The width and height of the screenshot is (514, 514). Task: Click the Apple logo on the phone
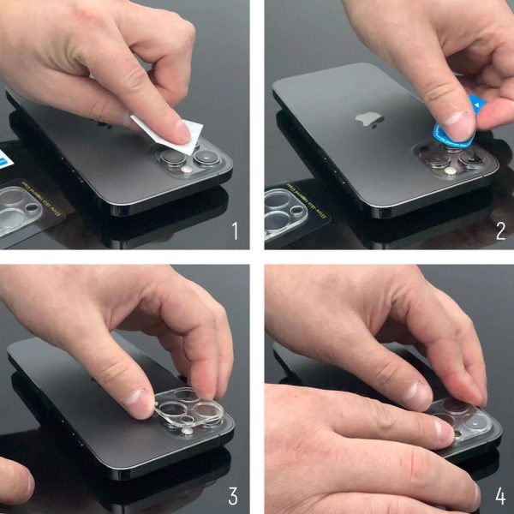372,118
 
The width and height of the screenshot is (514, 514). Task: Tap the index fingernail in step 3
138,397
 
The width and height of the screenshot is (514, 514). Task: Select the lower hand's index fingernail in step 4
442,428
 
